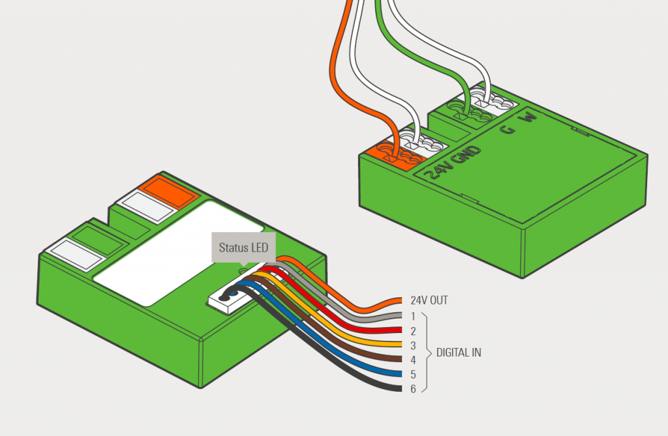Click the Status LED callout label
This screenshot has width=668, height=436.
point(243,248)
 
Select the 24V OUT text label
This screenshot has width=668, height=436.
point(429,300)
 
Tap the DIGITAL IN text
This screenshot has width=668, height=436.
point(459,353)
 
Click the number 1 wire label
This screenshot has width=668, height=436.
point(413,316)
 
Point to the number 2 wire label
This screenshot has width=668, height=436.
point(413,331)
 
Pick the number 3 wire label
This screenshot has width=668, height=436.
point(413,345)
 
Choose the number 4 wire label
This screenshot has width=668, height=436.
point(413,360)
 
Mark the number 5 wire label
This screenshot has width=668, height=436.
point(413,374)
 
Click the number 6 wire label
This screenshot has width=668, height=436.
point(413,389)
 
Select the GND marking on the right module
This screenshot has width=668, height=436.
point(470,156)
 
